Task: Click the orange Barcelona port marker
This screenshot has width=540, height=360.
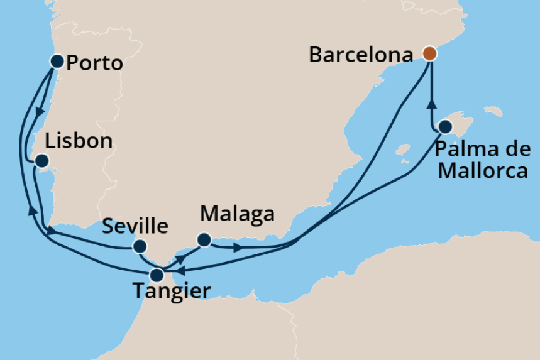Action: [429, 53]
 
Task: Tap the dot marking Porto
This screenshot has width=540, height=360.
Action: [57, 61]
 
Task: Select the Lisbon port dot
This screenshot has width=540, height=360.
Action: [41, 161]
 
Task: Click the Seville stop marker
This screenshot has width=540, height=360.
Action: [140, 246]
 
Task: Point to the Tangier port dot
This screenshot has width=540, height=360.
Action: [157, 275]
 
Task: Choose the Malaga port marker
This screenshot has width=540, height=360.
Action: [203, 239]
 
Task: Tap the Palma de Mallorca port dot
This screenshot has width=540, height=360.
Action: [444, 127]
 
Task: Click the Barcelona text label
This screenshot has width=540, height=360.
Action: [361, 55]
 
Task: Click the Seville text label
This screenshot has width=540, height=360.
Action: [135, 226]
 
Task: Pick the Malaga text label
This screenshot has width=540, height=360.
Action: [237, 214]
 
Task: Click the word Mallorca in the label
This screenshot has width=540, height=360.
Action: [483, 170]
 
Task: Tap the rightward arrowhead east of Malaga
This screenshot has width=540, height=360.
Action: [237, 248]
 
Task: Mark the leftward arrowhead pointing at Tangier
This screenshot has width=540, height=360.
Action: [179, 271]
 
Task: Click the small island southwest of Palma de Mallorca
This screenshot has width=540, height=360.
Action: [402, 151]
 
